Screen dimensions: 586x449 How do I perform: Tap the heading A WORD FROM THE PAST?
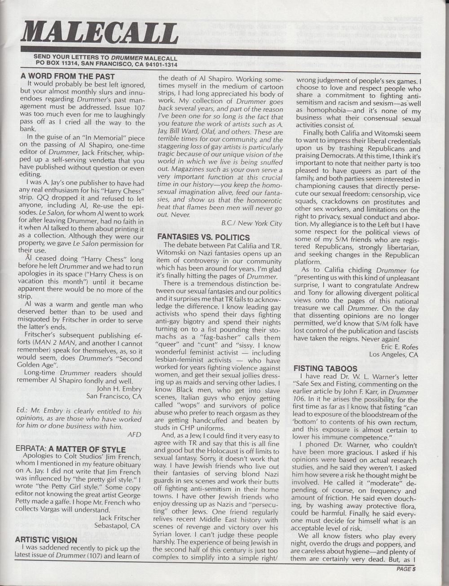click(67, 76)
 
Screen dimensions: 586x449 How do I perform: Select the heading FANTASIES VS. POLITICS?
click(203, 237)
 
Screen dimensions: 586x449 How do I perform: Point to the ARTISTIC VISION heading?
click(46, 540)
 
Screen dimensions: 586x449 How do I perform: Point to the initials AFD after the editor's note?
click(135, 434)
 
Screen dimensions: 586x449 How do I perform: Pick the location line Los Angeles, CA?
click(393, 354)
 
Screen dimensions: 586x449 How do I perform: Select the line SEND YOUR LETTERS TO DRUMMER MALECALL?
click(105, 58)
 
